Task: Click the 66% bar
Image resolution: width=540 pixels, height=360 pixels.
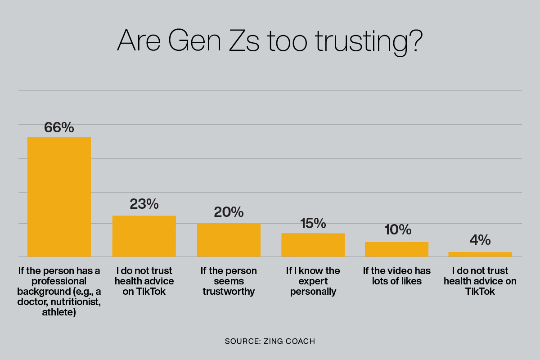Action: tap(59, 197)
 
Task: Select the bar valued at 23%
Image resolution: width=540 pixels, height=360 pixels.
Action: tap(144, 236)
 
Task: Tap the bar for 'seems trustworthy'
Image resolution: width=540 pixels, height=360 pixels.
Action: tap(229, 240)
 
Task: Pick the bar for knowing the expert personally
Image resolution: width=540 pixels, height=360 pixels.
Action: tap(313, 245)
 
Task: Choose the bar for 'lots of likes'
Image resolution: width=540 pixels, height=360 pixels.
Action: tap(396, 249)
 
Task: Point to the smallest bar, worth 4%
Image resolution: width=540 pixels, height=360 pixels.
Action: tap(480, 254)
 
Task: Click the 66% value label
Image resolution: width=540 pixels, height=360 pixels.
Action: tap(59, 127)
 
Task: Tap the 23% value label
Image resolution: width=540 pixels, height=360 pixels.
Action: tap(144, 204)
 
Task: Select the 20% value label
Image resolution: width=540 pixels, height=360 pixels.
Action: tap(229, 212)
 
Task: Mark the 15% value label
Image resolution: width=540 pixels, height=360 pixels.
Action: tap(313, 223)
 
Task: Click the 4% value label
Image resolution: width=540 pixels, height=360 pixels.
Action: tap(480, 240)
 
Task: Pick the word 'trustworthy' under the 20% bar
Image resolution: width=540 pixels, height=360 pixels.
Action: tap(229, 292)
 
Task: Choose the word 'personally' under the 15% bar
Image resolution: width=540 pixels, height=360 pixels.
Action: tap(313, 292)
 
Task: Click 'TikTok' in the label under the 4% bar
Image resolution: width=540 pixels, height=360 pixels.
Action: tap(480, 292)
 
